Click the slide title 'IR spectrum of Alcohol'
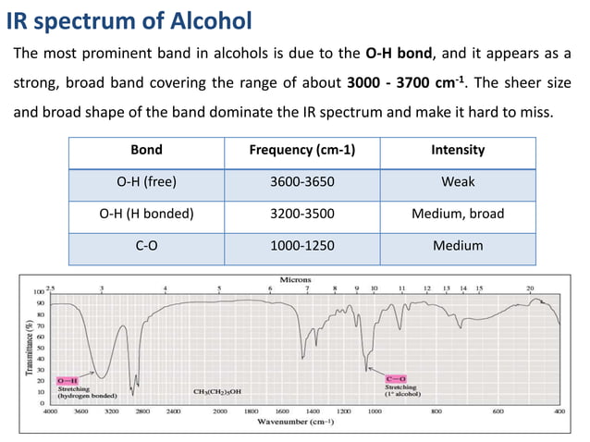[x=129, y=18]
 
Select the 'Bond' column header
[x=146, y=150]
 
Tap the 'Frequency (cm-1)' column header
[x=302, y=150]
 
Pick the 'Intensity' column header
[x=458, y=150]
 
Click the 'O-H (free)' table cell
[x=146, y=181]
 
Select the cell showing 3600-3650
[x=302, y=181]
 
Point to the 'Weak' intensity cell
[x=458, y=181]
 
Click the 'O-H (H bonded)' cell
[x=146, y=214]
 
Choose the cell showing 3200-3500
[x=302, y=214]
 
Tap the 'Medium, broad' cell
[x=458, y=214]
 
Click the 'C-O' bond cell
[x=146, y=245]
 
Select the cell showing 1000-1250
[x=302, y=245]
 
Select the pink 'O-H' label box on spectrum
[x=67, y=380]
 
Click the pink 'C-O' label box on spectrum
[x=395, y=378]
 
